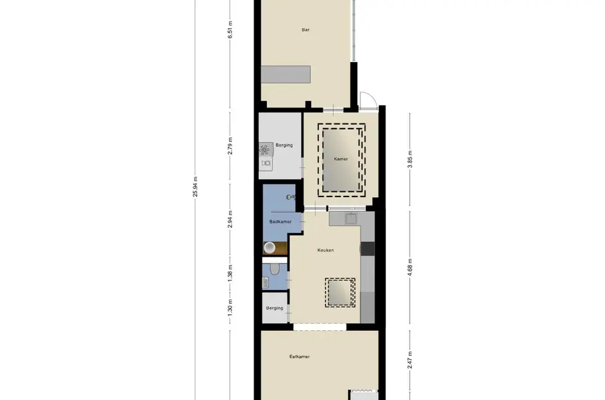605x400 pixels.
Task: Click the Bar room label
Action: click(306, 29)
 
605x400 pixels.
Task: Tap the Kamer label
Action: click(341, 159)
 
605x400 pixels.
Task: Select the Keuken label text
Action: click(326, 250)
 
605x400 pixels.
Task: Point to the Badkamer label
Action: click(280, 221)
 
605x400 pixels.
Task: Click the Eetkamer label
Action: click(299, 356)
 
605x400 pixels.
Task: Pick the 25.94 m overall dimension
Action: click(195, 188)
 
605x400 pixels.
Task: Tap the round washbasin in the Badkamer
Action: click(270, 248)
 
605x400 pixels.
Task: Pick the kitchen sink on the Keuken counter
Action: click(350, 218)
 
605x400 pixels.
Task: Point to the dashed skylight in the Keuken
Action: click(340, 292)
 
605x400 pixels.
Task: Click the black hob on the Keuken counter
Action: click(367, 248)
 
